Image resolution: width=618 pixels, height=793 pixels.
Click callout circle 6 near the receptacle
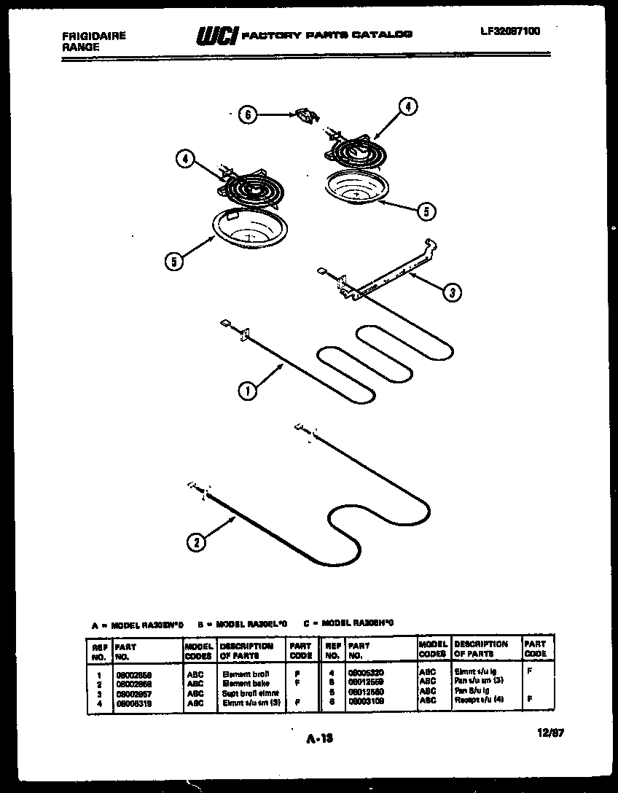tap(249, 114)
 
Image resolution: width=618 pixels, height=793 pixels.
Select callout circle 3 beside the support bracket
tap(452, 292)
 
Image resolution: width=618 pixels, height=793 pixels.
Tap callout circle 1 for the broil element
tap(247, 391)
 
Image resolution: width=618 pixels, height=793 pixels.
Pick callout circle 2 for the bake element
tap(195, 541)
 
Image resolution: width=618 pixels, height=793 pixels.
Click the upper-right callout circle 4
tap(408, 107)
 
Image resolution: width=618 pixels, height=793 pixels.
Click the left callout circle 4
tap(186, 157)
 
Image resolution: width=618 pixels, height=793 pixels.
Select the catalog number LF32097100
tap(510, 31)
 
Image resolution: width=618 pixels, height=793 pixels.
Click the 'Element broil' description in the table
tap(247, 675)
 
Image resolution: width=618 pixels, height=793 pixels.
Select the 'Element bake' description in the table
tap(246, 684)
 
